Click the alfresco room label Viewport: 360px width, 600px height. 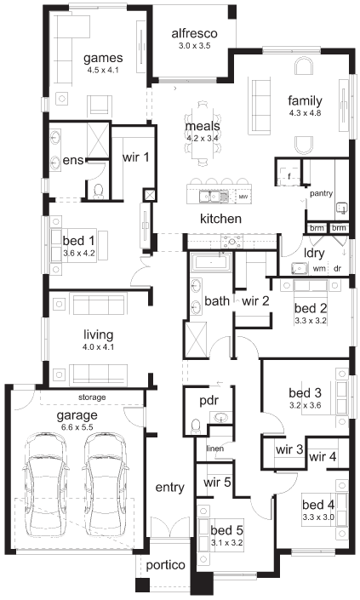194,33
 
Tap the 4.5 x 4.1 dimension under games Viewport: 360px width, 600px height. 103,70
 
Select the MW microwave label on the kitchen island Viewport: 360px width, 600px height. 243,197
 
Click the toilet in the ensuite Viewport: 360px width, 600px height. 99,191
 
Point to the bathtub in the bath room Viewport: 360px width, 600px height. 211,262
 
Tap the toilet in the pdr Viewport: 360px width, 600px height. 196,426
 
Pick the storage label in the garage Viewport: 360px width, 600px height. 92,397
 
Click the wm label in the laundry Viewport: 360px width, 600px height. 319,269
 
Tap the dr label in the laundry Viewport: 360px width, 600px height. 337,269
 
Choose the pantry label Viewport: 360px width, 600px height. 321,194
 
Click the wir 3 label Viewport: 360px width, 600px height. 289,449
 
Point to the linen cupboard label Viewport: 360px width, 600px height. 214,449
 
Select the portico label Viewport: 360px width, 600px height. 165,565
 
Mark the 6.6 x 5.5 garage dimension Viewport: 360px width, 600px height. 77,427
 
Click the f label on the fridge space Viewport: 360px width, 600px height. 289,177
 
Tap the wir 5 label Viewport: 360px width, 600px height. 217,483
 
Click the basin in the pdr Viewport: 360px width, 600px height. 221,418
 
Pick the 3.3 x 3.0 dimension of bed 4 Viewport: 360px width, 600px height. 318,517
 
